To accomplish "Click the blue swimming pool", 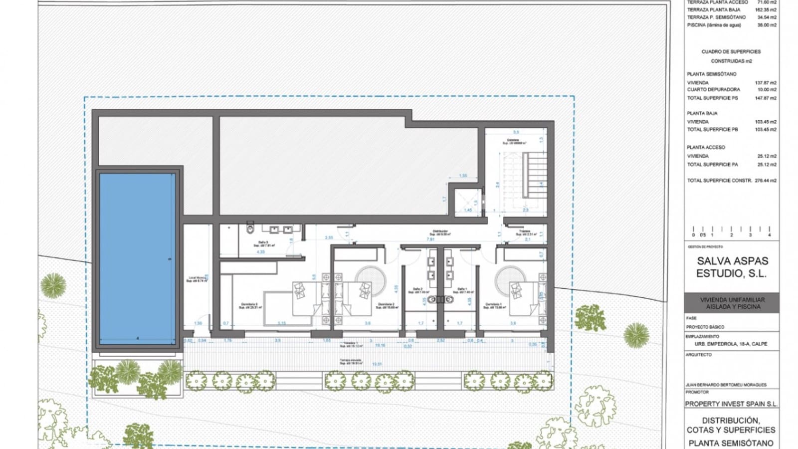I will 137,257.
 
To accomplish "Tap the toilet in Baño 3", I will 250,229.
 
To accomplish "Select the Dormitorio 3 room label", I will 249,306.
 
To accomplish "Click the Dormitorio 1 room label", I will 494,306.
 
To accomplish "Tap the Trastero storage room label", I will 525,232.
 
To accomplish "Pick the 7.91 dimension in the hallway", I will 430,239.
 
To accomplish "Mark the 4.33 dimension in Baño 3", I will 260,252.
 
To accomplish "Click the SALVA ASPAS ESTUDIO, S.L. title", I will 732,267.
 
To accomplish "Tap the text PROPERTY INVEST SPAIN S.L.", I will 731,404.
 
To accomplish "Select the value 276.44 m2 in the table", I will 766,181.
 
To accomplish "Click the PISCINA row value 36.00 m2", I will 767,25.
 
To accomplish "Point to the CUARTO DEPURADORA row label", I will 713,90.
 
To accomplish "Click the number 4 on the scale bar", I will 769,234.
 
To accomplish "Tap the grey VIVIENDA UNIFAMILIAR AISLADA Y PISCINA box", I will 732,303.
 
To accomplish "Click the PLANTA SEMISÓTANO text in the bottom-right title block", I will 731,443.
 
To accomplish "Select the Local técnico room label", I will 197,279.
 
